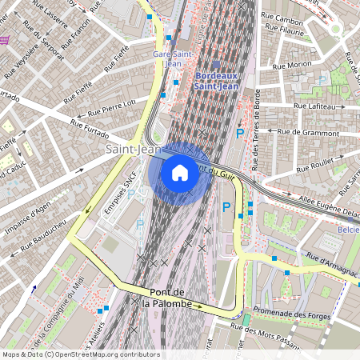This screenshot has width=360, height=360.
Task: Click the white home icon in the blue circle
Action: (x=180, y=172)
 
